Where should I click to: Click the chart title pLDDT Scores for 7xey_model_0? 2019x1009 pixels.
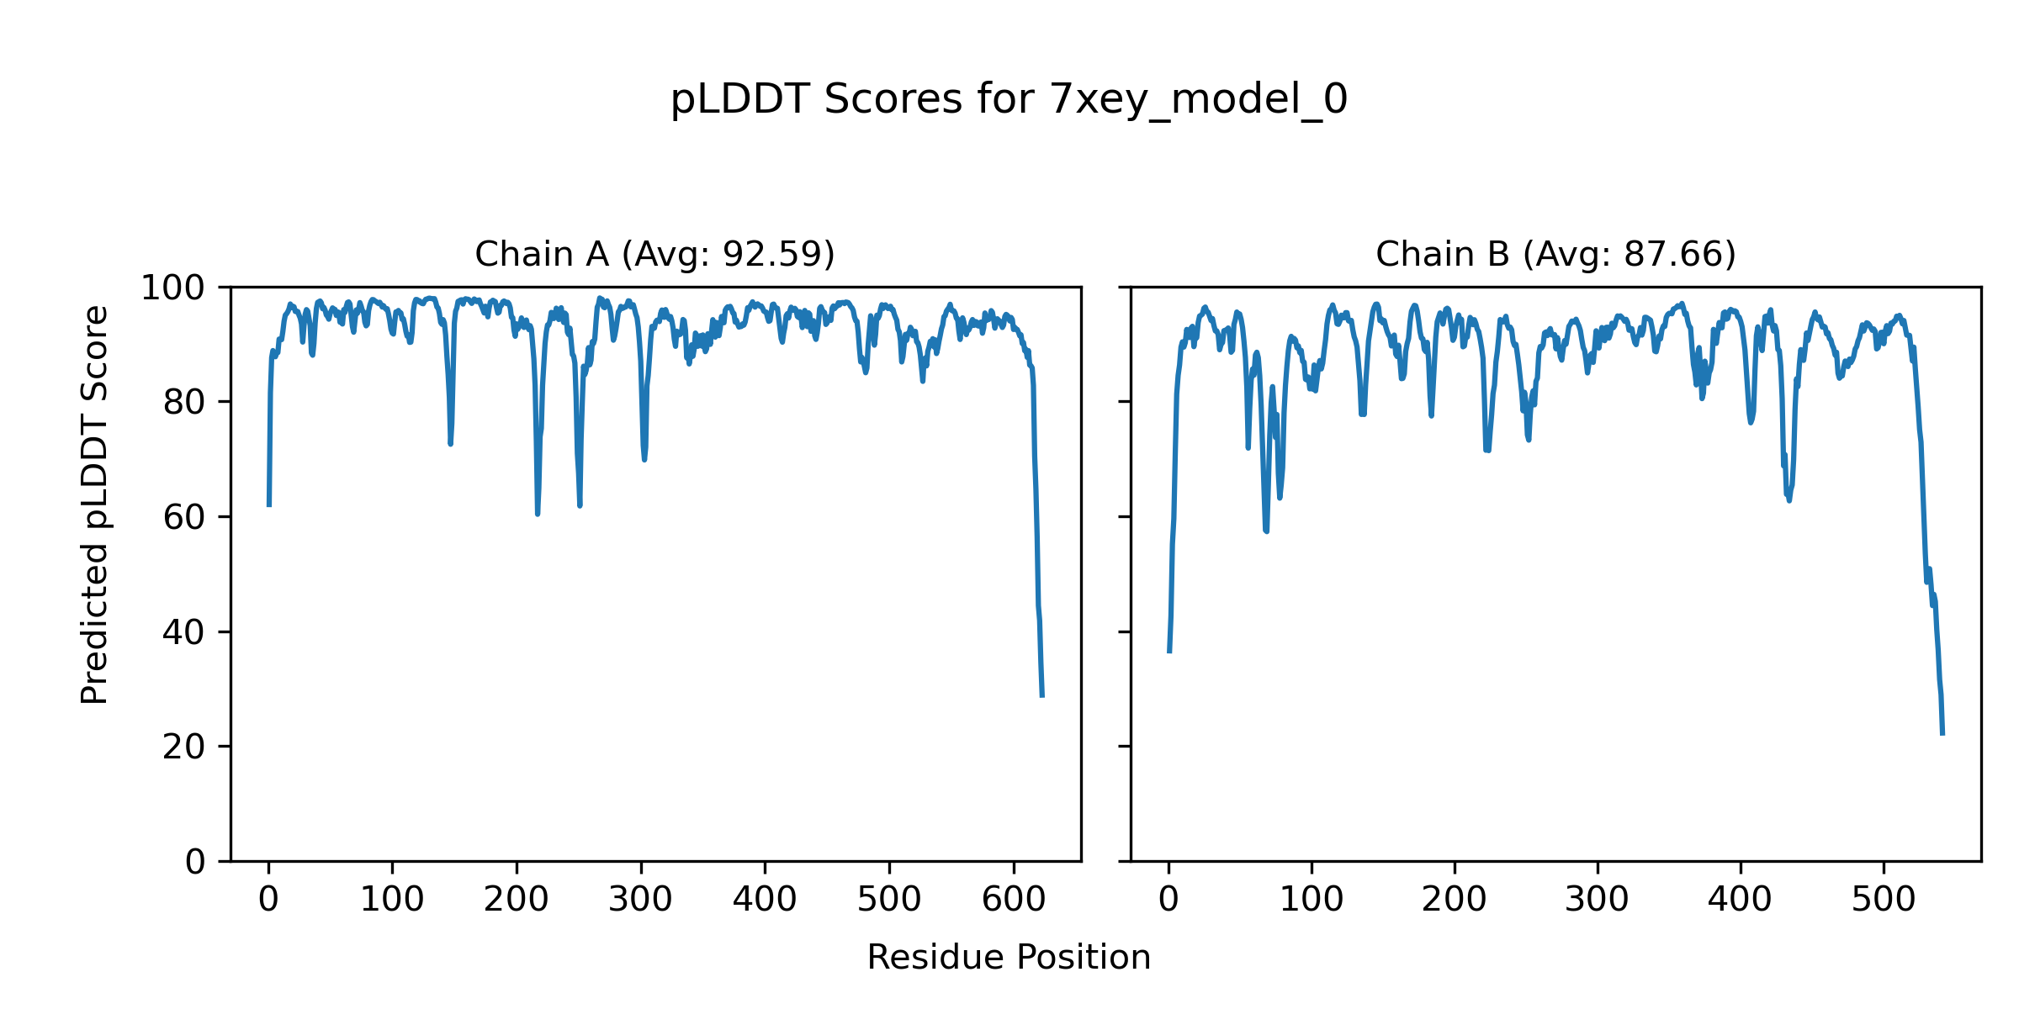click(1009, 100)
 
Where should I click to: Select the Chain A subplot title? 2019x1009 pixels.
click(654, 254)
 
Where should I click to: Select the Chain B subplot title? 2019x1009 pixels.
click(1555, 254)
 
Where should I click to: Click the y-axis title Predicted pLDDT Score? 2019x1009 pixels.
click(95, 504)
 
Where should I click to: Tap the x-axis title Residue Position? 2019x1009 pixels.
click(1009, 958)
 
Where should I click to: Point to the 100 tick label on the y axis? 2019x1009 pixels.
click(172, 288)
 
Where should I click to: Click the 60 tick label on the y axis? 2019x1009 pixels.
click(183, 517)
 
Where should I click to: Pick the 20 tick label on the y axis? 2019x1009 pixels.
click(183, 747)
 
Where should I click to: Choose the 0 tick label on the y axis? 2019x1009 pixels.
click(195, 862)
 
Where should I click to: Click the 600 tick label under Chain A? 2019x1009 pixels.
click(1014, 901)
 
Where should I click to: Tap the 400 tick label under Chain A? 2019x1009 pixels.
click(765, 901)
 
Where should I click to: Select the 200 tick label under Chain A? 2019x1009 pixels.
click(517, 901)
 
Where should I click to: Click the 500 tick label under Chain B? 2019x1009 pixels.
click(1884, 901)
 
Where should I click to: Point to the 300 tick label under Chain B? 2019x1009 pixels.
click(1598, 901)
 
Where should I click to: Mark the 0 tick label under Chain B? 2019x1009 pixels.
click(1168, 901)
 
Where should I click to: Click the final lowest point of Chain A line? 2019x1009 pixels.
click(1042, 695)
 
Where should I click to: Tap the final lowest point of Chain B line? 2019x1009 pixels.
click(1942, 733)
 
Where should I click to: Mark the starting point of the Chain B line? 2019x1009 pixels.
click(1169, 652)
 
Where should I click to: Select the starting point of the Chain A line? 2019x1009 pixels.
click(269, 505)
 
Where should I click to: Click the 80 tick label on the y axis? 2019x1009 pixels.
click(183, 403)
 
